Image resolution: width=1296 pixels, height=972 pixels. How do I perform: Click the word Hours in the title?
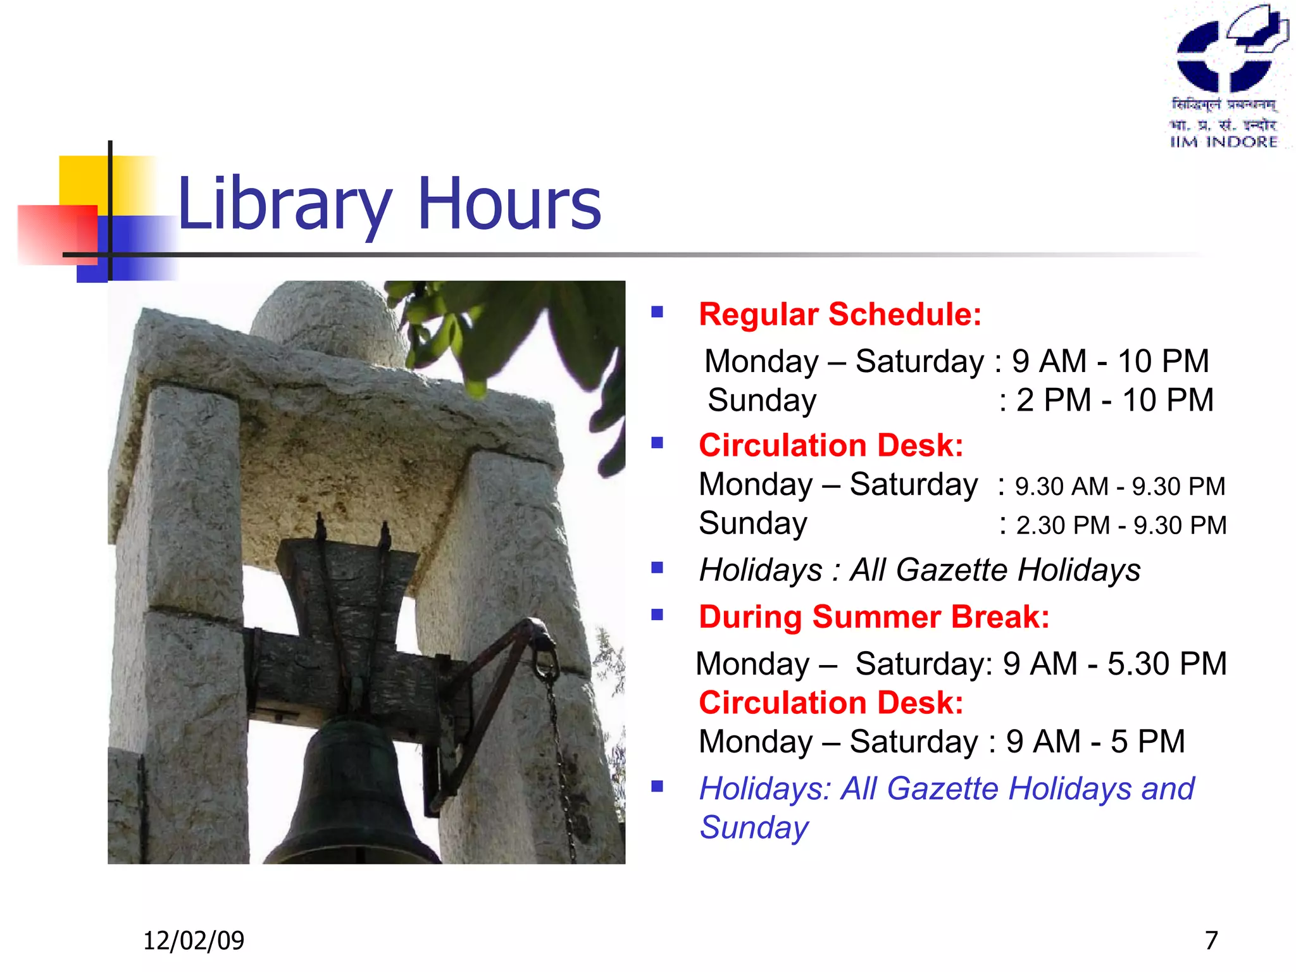click(x=509, y=204)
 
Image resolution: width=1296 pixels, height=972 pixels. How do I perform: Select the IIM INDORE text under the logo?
click(x=1223, y=142)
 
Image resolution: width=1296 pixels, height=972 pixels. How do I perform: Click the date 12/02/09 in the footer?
click(x=194, y=940)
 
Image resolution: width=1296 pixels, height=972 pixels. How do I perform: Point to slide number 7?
click(x=1211, y=940)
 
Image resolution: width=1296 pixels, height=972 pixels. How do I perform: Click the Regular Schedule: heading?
click(x=840, y=315)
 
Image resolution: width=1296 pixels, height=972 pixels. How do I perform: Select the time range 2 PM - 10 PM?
click(x=1114, y=401)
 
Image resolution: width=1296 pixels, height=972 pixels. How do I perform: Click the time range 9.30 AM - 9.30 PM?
click(x=1120, y=487)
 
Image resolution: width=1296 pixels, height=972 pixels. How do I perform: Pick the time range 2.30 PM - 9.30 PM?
click(x=1121, y=525)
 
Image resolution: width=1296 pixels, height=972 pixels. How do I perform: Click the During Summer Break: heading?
click(x=874, y=617)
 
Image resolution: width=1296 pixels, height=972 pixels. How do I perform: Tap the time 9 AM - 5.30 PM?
click(x=1114, y=664)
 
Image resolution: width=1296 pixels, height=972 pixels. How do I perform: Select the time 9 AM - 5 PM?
click(x=1095, y=742)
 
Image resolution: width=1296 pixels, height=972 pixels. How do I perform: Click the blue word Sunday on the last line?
click(x=754, y=828)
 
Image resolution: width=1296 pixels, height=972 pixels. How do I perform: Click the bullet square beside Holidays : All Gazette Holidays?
click(x=657, y=568)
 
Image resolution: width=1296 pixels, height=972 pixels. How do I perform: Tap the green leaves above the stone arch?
click(x=506, y=329)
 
